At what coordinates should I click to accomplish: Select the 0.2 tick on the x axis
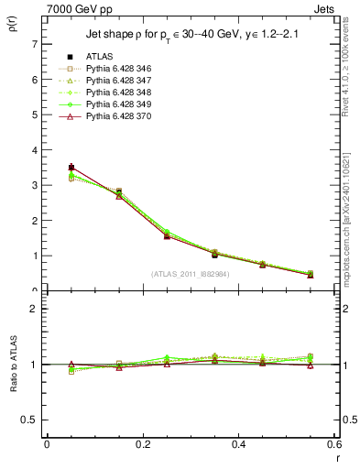click(142, 443)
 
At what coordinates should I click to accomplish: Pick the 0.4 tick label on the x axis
click(238, 443)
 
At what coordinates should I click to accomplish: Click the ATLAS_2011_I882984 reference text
click(191, 274)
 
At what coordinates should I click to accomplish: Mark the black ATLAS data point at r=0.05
click(71, 168)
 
